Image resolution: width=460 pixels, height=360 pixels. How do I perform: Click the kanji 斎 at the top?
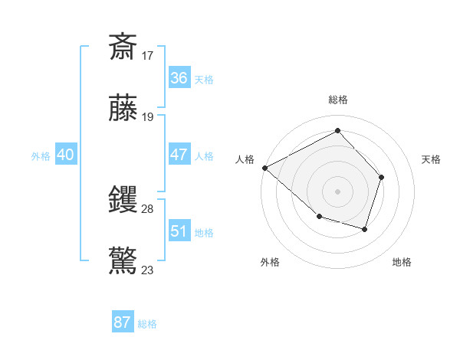(123, 47)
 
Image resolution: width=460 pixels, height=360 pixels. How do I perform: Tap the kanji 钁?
(123, 199)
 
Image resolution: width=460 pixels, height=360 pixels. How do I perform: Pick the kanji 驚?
(123, 260)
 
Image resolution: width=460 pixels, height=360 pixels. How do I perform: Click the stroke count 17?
(148, 55)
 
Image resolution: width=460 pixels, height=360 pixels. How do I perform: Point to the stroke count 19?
(148, 116)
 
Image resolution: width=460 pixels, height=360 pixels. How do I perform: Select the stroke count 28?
(148, 208)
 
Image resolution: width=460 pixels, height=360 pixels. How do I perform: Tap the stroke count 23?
(148, 270)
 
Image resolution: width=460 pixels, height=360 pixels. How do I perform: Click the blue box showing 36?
(179, 77)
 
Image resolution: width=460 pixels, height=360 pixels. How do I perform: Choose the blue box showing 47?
(179, 155)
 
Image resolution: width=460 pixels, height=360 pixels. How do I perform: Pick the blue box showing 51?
(179, 231)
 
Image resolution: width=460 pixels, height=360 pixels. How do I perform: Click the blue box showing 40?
(65, 155)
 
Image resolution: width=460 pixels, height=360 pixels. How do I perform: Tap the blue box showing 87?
(122, 322)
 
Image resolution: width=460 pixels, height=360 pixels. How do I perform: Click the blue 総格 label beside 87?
(147, 324)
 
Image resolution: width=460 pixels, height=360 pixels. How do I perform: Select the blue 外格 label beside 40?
(41, 156)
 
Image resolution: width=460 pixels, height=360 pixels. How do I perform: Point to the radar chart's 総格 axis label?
(338, 100)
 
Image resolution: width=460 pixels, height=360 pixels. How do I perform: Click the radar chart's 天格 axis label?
(432, 159)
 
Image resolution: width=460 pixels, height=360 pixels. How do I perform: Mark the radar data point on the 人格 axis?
(264, 168)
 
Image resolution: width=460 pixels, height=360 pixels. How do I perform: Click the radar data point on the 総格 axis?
(337, 131)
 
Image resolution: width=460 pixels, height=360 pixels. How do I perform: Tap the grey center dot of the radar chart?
(337, 191)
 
